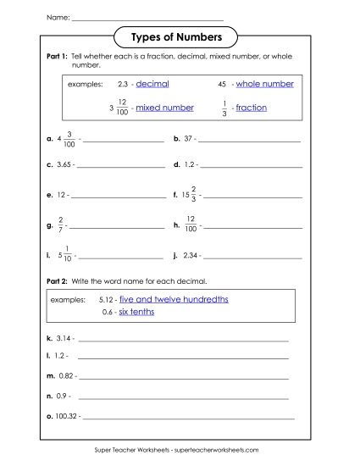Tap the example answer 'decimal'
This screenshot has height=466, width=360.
click(152, 84)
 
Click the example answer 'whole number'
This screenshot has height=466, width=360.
click(265, 84)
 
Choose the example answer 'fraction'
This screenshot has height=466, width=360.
click(251, 108)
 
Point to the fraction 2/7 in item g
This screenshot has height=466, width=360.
click(61, 224)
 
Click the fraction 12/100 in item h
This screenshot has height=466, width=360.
click(191, 224)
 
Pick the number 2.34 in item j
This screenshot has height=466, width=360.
click(191, 253)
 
